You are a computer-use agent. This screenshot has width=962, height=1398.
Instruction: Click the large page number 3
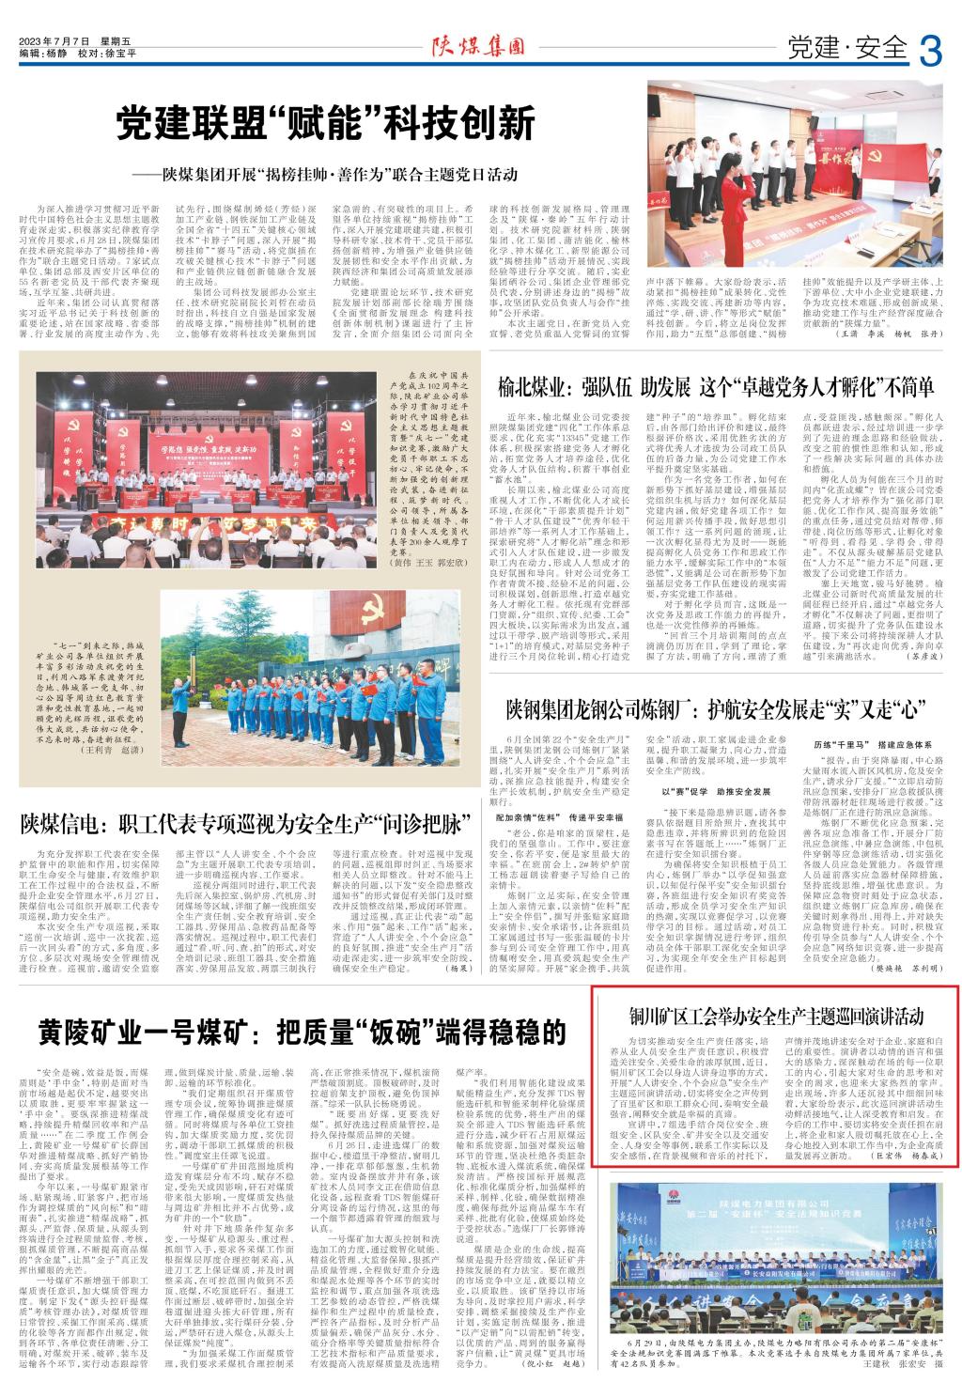pyautogui.click(x=929, y=47)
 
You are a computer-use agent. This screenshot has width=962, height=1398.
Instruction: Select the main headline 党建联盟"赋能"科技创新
pyautogui.click(x=325, y=124)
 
